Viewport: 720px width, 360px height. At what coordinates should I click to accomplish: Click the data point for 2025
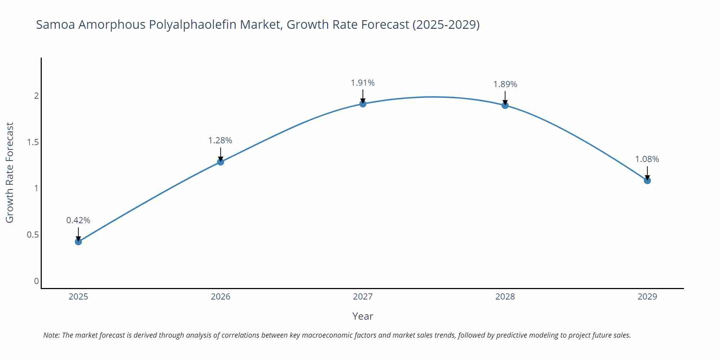tap(78, 242)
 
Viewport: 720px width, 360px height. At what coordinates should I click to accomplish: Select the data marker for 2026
tap(221, 162)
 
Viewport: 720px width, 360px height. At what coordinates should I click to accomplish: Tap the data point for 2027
tap(363, 104)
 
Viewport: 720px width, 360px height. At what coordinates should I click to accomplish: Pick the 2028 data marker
tap(505, 105)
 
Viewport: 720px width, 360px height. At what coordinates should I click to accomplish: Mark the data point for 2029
tap(647, 180)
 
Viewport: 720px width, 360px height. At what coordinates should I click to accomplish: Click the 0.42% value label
tap(78, 220)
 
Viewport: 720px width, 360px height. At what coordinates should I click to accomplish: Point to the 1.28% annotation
tap(220, 140)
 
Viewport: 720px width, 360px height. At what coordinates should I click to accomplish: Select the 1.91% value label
tap(363, 83)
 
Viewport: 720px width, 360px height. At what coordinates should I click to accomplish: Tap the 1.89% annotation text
tap(505, 84)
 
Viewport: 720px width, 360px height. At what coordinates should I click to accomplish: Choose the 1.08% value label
tap(647, 159)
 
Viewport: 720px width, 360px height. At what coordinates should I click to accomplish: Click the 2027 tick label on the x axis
tap(363, 297)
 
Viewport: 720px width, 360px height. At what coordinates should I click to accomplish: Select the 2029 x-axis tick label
tap(647, 297)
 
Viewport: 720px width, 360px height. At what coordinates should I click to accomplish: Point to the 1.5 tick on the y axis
tap(33, 142)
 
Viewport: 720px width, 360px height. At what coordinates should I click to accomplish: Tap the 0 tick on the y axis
tap(36, 281)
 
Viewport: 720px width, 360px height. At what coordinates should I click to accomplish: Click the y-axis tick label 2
tap(36, 96)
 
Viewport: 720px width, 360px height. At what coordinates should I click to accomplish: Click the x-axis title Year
tap(363, 316)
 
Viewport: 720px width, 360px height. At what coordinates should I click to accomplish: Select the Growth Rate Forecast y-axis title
tap(10, 172)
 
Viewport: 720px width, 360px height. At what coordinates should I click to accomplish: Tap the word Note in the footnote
tap(51, 335)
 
